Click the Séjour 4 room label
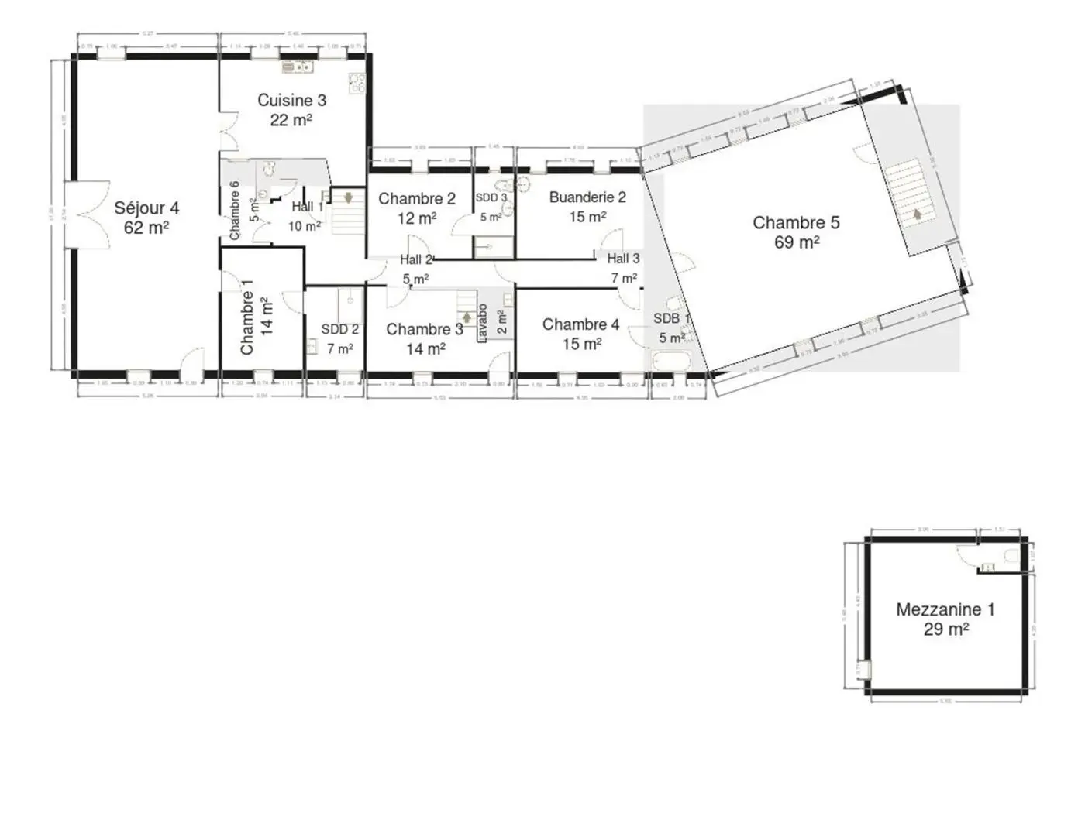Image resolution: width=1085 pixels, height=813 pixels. [x=146, y=208]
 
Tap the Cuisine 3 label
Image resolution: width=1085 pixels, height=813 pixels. [x=291, y=100]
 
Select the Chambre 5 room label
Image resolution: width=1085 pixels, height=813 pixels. [x=796, y=223]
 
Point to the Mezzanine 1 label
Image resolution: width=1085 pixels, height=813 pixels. [x=945, y=609]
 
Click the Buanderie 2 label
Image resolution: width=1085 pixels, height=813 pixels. [x=587, y=197]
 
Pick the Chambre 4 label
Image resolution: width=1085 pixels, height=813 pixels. [x=580, y=324]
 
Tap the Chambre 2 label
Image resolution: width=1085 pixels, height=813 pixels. [x=416, y=199]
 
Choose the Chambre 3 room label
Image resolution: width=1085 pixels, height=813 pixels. [x=425, y=329]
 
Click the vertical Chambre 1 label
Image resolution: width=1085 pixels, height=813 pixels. [x=247, y=317]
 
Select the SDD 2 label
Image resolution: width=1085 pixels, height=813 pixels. [x=339, y=330]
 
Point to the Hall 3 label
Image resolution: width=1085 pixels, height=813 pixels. [x=623, y=259]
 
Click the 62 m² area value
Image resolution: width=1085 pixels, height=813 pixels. [x=146, y=228]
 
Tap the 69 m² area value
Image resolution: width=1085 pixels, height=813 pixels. [x=796, y=242]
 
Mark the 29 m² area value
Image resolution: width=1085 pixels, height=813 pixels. [x=945, y=629]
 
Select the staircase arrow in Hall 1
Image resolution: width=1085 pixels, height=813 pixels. [x=348, y=198]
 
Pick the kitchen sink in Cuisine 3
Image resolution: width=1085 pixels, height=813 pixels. [x=297, y=67]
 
